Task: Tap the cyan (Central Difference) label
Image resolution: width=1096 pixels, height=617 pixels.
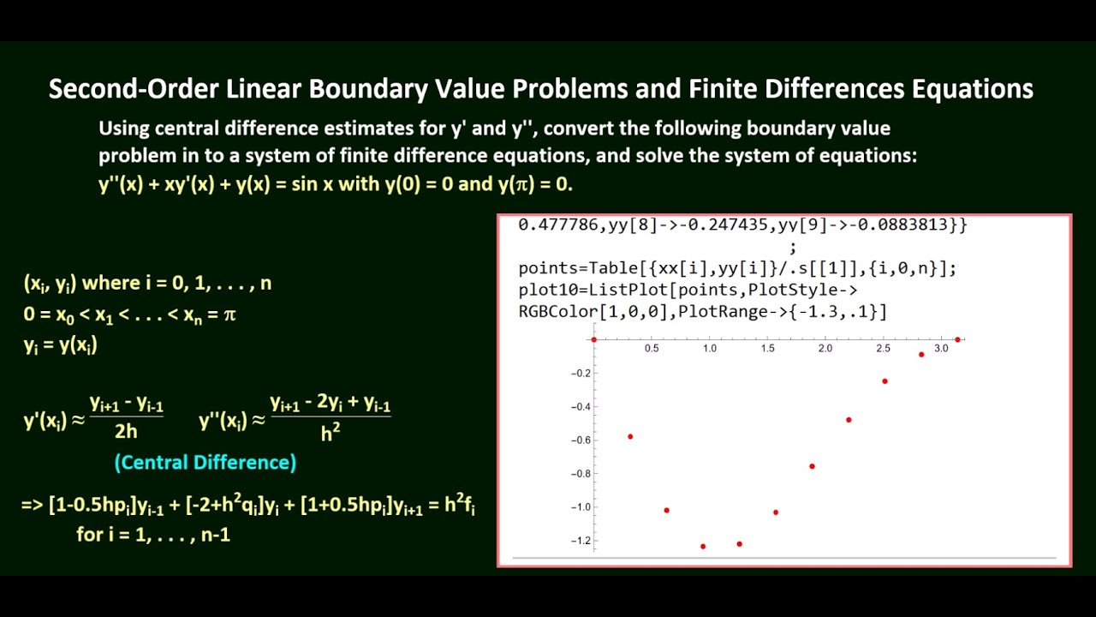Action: point(205,463)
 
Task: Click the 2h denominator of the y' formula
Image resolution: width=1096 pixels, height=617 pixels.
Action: point(126,431)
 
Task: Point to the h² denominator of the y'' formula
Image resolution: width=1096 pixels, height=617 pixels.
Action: point(330,433)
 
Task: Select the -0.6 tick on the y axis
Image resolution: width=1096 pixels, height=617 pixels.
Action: point(581,440)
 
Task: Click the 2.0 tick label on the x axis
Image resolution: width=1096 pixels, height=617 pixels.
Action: point(825,349)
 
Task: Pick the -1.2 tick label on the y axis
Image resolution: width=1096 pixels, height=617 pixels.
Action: point(581,541)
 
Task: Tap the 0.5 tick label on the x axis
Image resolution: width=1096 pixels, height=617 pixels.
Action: point(652,349)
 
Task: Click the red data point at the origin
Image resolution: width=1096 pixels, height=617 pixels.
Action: point(593,339)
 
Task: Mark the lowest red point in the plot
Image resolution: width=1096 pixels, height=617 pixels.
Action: point(703,546)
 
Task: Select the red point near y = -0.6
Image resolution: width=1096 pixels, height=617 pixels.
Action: point(630,437)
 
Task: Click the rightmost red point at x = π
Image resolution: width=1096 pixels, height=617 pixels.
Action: point(957,340)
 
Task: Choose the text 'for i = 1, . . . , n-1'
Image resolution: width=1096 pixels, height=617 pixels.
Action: point(153,536)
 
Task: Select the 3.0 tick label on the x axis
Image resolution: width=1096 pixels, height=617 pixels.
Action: point(941,349)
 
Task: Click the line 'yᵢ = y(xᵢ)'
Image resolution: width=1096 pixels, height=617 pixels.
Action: point(60,345)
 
